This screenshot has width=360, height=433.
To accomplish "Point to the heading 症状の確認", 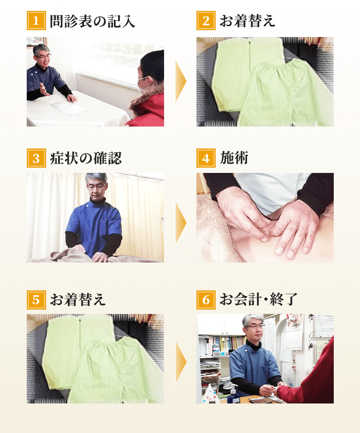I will (x=86, y=158).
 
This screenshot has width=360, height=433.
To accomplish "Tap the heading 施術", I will (x=234, y=158).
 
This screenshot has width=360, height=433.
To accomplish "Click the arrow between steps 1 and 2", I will (x=180, y=82).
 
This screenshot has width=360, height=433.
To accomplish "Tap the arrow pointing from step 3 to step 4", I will (x=180, y=222).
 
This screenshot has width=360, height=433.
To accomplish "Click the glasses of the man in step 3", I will (x=96, y=186).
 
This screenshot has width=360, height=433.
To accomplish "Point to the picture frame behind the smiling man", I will (x=36, y=41).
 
